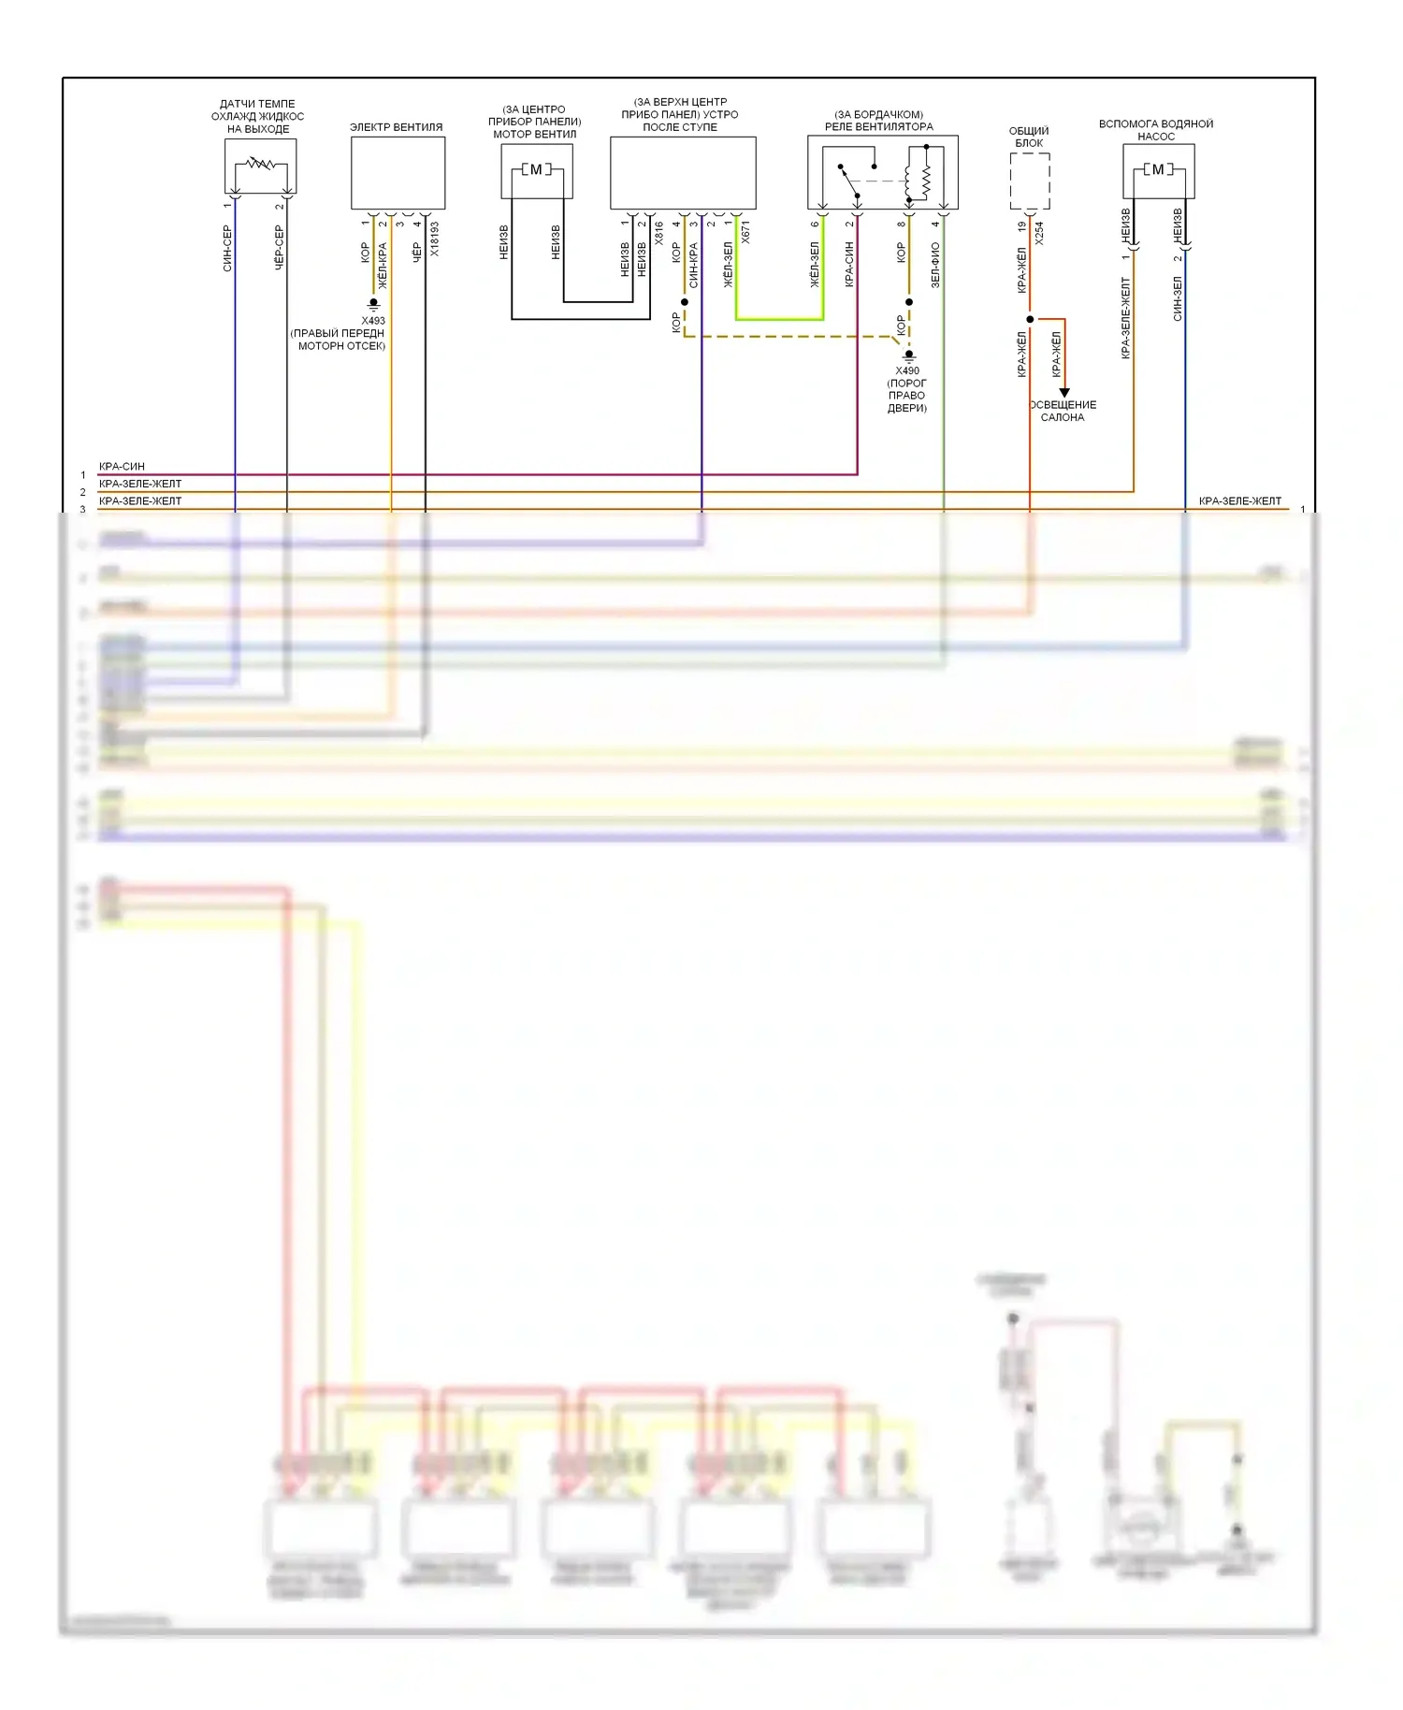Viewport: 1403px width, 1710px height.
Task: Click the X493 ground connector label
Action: point(373,321)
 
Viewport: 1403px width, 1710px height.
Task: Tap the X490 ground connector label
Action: point(907,370)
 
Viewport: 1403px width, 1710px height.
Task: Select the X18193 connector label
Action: point(434,239)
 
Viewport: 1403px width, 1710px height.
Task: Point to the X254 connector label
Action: point(1039,234)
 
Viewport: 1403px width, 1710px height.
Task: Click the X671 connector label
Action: point(745,233)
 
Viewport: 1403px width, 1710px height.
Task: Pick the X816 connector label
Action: point(659,233)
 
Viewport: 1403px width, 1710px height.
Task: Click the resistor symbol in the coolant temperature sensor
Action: point(261,164)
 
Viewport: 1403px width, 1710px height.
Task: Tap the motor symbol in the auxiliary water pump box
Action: point(1158,169)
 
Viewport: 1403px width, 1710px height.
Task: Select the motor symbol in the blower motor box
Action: point(536,169)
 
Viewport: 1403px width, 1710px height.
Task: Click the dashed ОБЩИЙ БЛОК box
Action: point(1030,181)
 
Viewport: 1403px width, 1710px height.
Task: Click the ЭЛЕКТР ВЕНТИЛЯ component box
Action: point(398,173)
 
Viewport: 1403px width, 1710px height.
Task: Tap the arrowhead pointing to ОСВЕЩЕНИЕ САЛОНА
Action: point(1064,393)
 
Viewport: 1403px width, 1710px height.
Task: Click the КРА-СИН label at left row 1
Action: point(122,466)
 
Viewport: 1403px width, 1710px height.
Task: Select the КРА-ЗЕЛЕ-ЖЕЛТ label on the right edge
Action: point(1239,501)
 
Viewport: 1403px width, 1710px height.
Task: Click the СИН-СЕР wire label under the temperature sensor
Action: point(227,248)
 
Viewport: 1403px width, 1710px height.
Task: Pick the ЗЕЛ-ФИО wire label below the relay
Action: point(935,265)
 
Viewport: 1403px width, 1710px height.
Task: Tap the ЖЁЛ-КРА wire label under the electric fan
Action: point(383,266)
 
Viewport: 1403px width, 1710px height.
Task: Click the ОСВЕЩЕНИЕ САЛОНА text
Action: point(1063,411)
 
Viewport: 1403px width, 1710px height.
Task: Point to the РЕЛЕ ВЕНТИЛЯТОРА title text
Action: point(878,126)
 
